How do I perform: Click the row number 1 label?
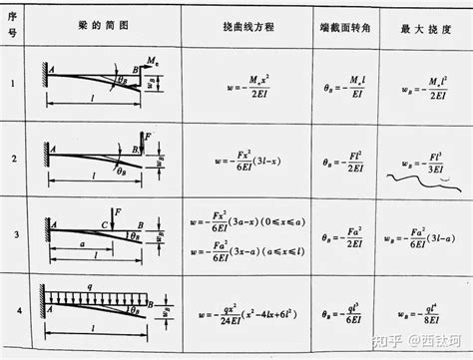click(14, 85)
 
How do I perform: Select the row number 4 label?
click(14, 310)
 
